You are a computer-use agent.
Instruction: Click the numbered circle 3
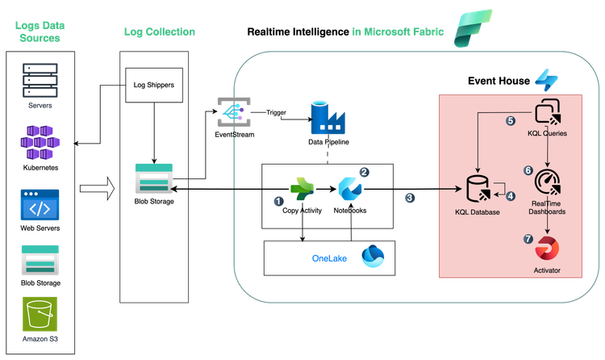point(410,198)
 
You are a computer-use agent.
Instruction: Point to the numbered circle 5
point(509,121)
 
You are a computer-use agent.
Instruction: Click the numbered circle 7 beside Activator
point(528,240)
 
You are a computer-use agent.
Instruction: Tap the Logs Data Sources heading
point(39,31)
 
